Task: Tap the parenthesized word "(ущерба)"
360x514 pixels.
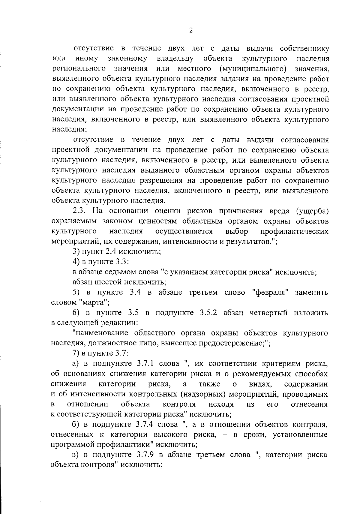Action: (312, 211)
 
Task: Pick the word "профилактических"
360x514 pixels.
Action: (294, 231)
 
